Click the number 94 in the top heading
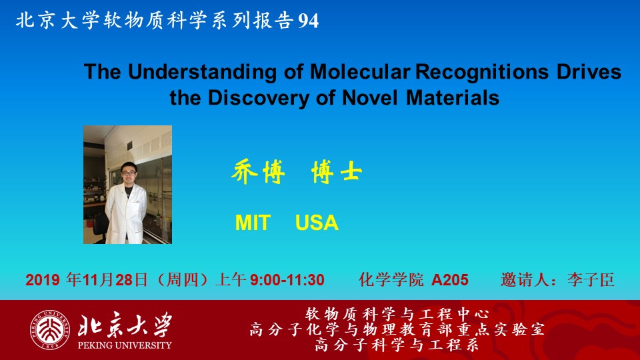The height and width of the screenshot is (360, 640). click(x=309, y=21)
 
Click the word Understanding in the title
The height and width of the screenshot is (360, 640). click(x=202, y=72)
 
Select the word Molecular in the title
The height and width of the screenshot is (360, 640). click(x=360, y=71)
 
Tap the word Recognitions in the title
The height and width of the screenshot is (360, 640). click(x=482, y=72)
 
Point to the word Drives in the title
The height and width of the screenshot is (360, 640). click(x=589, y=71)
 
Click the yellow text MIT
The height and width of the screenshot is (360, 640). click(x=253, y=223)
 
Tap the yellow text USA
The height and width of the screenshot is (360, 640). click(x=317, y=223)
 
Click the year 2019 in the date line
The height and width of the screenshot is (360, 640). click(x=43, y=280)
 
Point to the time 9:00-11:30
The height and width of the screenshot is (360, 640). click(x=287, y=280)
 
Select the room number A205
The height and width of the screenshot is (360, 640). click(x=450, y=280)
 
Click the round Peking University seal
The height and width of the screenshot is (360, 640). click(x=50, y=330)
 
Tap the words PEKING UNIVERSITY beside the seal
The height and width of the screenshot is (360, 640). click(x=125, y=345)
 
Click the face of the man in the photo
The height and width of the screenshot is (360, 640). click(x=129, y=173)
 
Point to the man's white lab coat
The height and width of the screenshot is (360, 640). click(x=126, y=213)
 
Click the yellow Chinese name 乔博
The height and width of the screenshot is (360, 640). click(x=258, y=172)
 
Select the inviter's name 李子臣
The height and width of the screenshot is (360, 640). click(x=591, y=280)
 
